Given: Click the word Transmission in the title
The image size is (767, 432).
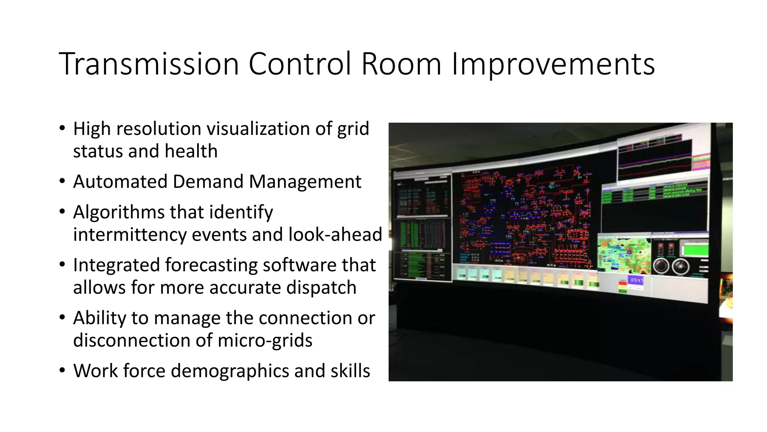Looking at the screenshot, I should (x=149, y=64).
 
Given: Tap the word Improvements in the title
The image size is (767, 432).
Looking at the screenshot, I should (x=553, y=64).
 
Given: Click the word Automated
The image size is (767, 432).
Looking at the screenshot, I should (x=120, y=182).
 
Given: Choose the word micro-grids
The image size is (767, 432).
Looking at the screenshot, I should (x=265, y=340).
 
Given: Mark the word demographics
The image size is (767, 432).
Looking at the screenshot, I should (x=230, y=371).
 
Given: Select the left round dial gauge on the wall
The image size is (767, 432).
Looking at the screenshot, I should (x=661, y=266).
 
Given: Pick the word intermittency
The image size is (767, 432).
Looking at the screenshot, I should (x=130, y=235).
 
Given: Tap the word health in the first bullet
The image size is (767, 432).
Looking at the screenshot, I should (x=191, y=151).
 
